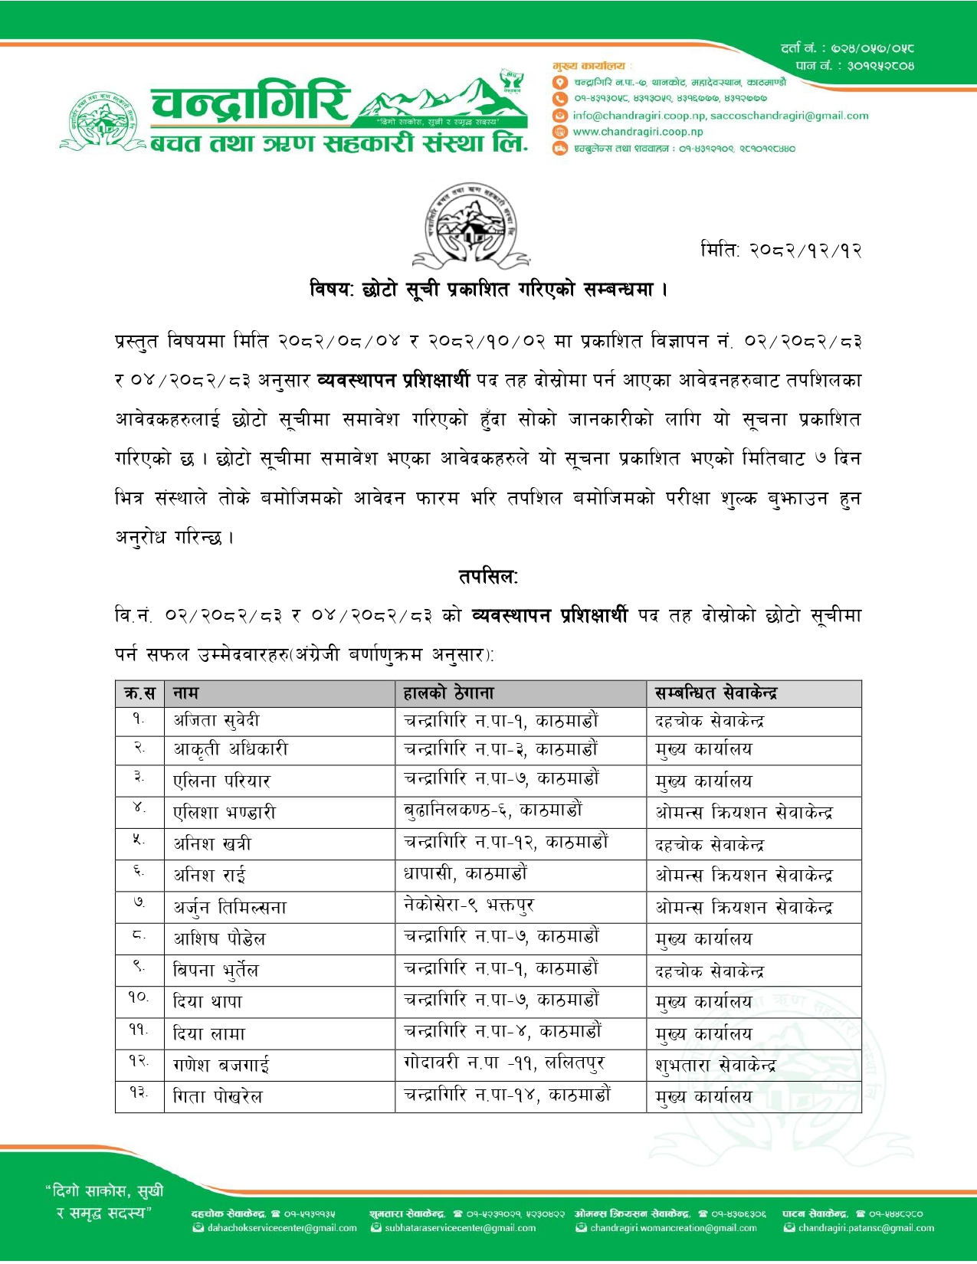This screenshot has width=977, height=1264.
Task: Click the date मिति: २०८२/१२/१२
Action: point(781,251)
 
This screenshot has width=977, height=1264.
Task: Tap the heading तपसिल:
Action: point(488,577)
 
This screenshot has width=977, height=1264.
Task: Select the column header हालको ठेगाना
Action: point(449,693)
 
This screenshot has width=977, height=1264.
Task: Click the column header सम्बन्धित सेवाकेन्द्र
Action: point(716,693)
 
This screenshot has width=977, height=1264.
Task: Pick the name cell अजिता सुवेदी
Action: point(216,721)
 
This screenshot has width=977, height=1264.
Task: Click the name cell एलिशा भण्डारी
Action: point(225,812)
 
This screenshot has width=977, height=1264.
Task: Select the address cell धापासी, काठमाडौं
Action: point(465,874)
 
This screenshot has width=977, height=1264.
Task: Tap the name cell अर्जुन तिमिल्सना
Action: point(230,908)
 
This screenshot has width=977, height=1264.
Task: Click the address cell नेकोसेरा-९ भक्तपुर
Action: point(469,905)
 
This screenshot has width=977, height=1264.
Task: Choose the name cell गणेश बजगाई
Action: point(221,1065)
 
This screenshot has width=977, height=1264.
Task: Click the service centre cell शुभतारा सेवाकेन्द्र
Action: point(715,1065)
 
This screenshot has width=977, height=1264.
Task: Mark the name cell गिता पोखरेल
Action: point(218,1097)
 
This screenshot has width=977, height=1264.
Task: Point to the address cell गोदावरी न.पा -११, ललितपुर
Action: point(503,1063)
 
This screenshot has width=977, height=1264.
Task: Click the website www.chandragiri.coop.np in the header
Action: point(638,132)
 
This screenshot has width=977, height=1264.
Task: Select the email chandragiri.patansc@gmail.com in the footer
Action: point(866,1228)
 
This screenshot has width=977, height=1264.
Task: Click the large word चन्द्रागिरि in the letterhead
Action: point(250,105)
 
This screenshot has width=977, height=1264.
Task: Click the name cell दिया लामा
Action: point(209,1033)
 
